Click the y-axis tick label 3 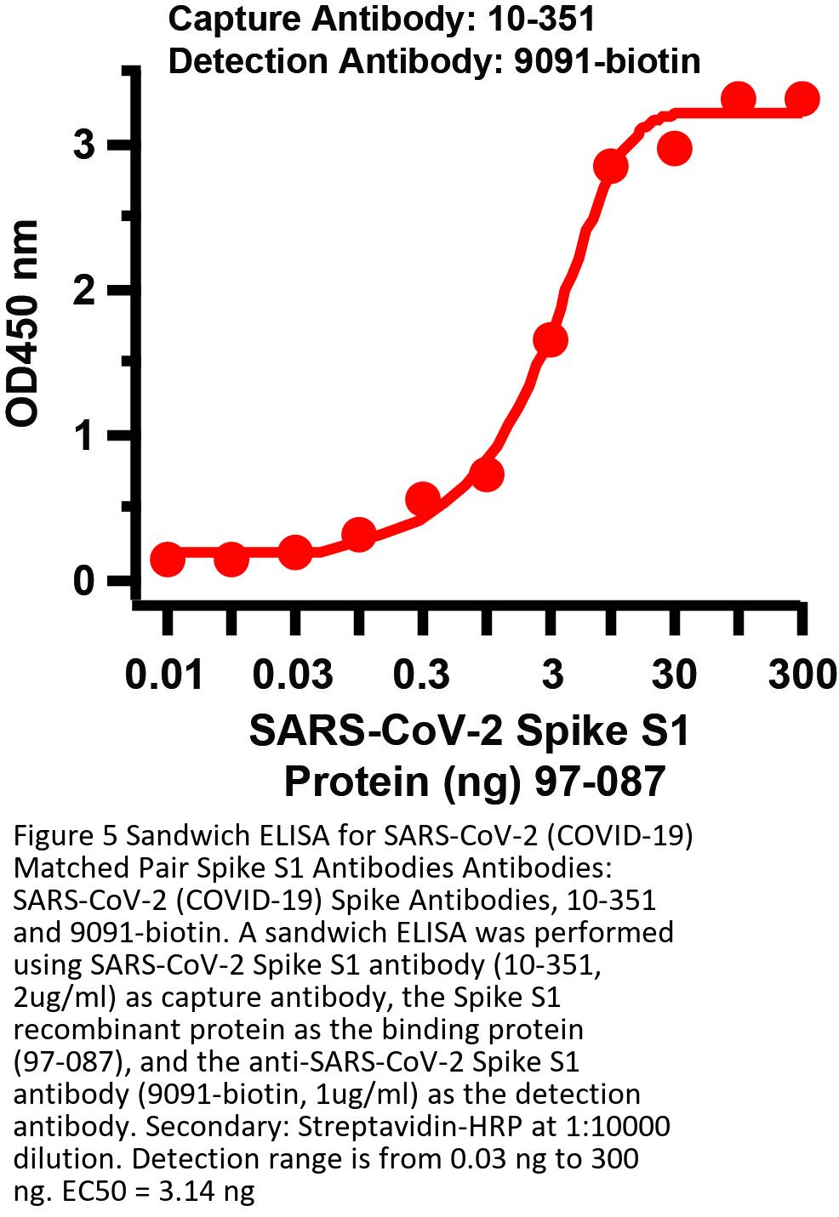point(84,145)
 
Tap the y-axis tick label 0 point(84,582)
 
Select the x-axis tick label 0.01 point(164,675)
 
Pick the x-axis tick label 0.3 point(421,675)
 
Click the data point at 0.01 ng point(168,559)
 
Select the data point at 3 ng point(551,340)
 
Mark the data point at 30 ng point(674,149)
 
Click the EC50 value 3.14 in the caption point(197,1191)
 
